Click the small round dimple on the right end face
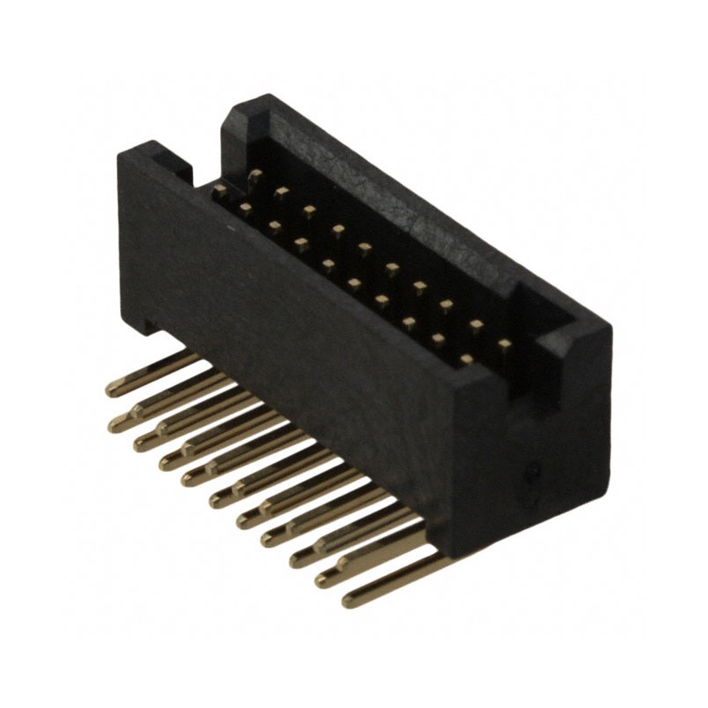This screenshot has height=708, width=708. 531,473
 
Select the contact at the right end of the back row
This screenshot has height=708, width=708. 504,343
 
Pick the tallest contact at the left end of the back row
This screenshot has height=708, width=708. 255,175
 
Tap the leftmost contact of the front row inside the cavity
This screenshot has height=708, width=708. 219,189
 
